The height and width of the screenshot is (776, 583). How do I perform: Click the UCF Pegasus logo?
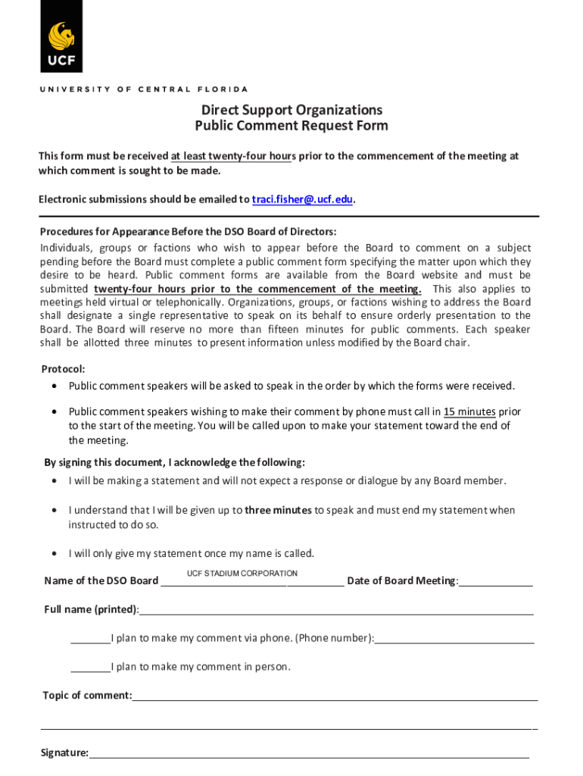[61, 37]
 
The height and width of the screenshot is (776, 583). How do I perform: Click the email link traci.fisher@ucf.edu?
[302, 199]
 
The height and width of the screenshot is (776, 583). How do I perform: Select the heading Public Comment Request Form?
[291, 126]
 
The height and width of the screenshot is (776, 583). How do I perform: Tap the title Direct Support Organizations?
[291, 110]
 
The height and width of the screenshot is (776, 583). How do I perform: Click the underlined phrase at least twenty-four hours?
[232, 156]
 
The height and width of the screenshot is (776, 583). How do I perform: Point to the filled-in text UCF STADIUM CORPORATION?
[242, 574]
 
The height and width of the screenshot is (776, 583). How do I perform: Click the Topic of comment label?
[87, 696]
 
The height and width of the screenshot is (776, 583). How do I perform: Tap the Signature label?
[65, 753]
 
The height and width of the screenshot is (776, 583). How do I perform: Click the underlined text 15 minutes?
[469, 412]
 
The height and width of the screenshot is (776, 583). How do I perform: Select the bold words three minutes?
[278, 510]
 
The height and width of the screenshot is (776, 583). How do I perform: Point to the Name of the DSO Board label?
[101, 581]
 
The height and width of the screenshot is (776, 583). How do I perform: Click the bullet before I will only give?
[55, 553]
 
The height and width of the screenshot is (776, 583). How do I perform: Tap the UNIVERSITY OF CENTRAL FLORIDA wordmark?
[144, 89]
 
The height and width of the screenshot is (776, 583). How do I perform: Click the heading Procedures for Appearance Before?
[188, 232]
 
